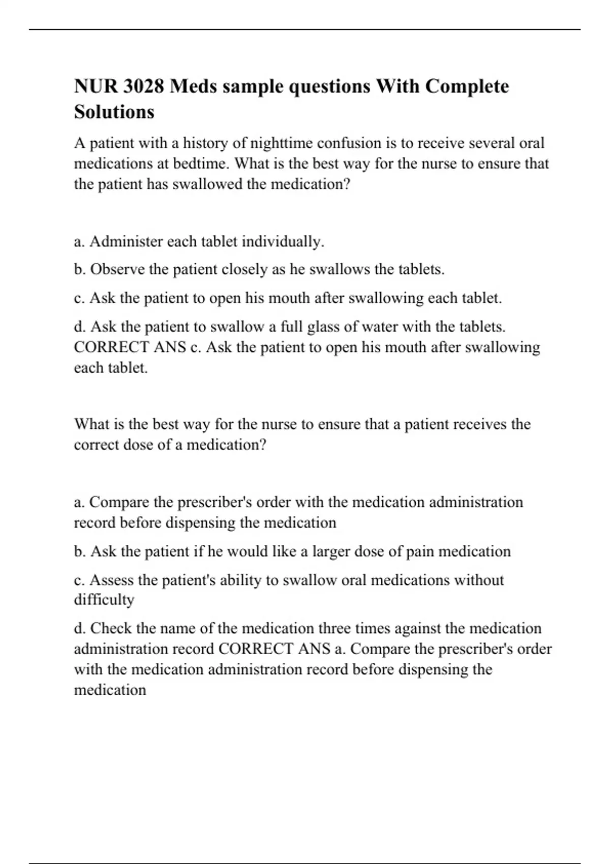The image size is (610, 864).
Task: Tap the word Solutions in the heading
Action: point(114,111)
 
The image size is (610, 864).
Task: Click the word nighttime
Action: point(281,143)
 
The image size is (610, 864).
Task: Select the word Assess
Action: point(112,580)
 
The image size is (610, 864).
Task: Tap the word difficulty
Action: point(104,600)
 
